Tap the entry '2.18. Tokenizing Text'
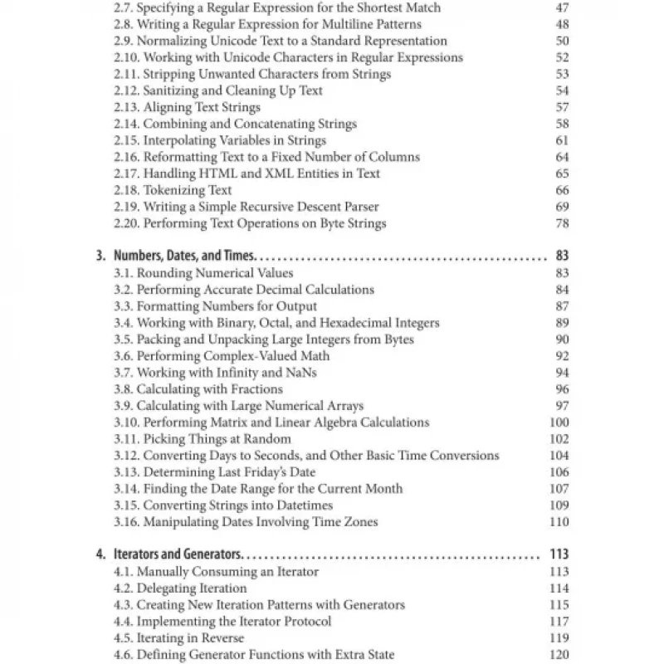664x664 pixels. point(173,190)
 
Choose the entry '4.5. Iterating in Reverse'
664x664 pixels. point(178,638)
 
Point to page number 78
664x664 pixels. point(562,223)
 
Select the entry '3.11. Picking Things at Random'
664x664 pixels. point(203,439)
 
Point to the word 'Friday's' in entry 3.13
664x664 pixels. point(263,472)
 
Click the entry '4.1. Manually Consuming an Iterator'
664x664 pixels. point(216,572)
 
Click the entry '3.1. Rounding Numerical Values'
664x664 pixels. point(203,273)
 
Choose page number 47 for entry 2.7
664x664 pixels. point(562,7)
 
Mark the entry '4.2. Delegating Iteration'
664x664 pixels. point(180,588)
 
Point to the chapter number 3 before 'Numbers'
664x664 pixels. point(100,256)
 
